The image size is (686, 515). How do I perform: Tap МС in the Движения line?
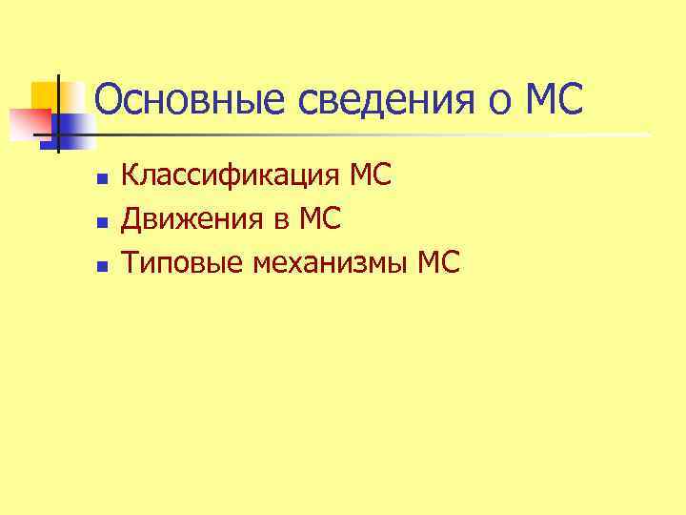point(319,220)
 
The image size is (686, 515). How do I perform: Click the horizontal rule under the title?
point(381,134)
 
